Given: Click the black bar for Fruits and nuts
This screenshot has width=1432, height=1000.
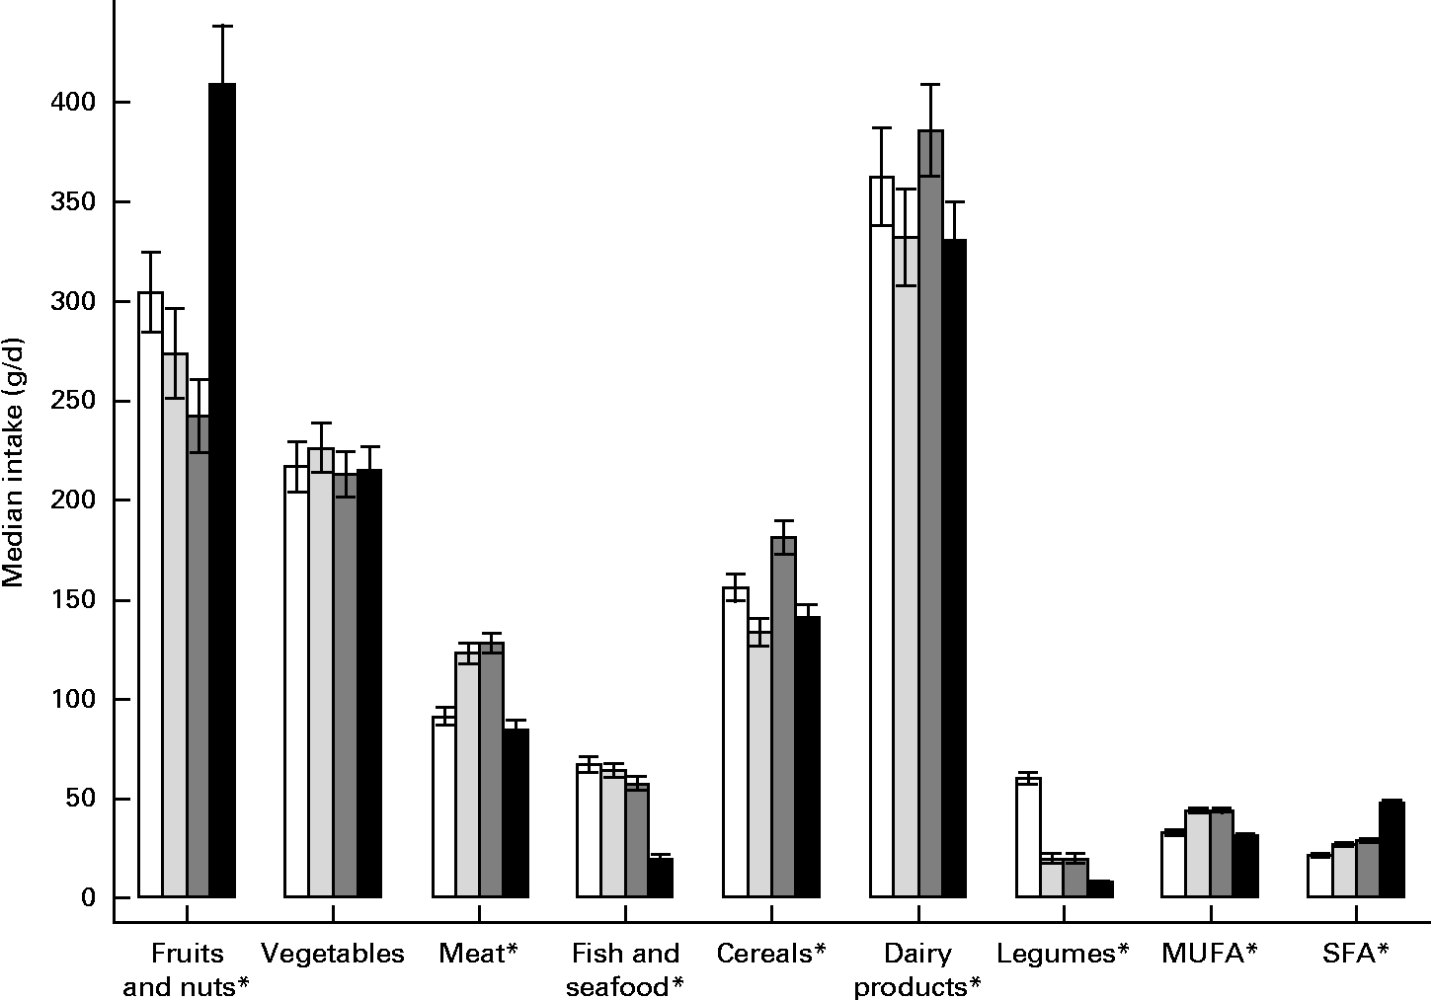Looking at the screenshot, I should pyautogui.click(x=223, y=494).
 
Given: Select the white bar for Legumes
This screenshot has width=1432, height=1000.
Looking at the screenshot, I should pyautogui.click(x=1028, y=839).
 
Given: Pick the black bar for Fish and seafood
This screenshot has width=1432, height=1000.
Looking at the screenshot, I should pyautogui.click(x=661, y=879).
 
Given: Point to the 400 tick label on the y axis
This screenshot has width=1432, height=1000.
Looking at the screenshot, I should pyautogui.click(x=68, y=103).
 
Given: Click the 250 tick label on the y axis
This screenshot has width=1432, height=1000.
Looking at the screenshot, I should pyautogui.click(x=68, y=402).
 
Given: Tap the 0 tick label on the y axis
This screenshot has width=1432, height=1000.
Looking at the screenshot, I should pyautogui.click(x=88, y=898).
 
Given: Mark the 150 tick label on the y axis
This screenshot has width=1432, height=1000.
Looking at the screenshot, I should pyautogui.click(x=68, y=601).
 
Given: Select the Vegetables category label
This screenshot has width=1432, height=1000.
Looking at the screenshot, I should pyautogui.click(x=333, y=954).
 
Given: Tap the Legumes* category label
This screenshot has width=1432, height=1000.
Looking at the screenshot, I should pyautogui.click(x=1063, y=954).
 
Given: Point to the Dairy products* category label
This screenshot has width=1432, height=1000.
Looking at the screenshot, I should pyautogui.click(x=917, y=969).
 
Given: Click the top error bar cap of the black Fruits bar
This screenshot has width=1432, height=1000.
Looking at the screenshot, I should pyautogui.click(x=223, y=26).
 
